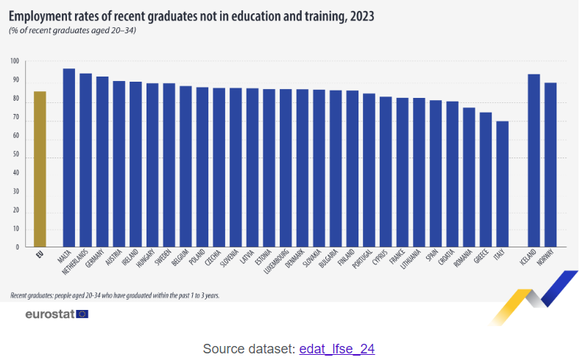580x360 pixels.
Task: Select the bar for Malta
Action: tap(69, 158)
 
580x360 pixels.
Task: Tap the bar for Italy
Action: tap(502, 184)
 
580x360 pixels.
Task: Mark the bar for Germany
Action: tap(102, 162)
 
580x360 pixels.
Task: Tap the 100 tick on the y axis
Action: tap(15, 61)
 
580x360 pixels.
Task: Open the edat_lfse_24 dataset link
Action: tap(336, 348)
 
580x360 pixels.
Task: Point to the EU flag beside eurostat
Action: tap(82, 314)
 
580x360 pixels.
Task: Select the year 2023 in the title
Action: tap(361, 16)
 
